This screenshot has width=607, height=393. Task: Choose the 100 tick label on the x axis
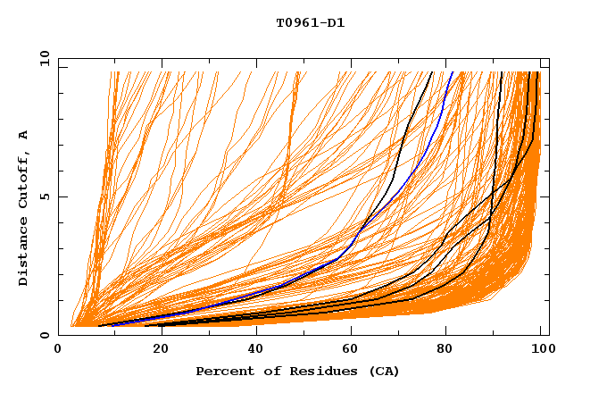[x=542, y=349]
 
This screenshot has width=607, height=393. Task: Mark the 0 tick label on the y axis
[x=44, y=336]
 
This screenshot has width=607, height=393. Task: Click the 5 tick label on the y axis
[x=44, y=197]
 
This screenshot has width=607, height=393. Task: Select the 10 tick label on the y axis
[x=41, y=59]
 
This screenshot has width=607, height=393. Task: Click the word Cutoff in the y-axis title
[x=24, y=177]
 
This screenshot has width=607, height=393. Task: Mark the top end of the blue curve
[x=453, y=71]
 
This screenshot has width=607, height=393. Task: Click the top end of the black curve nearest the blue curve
[x=433, y=71]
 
